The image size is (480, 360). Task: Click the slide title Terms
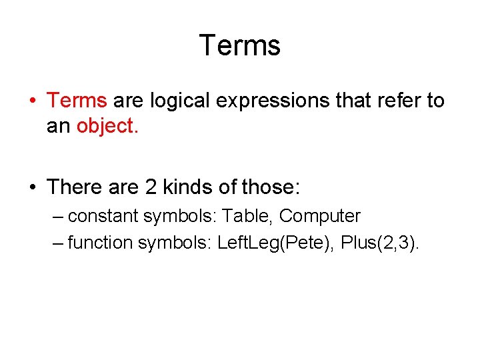240,45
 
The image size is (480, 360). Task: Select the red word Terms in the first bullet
77,101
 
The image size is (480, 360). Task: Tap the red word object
107,126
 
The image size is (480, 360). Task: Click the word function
100,243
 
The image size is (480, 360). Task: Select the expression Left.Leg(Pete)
275,243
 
